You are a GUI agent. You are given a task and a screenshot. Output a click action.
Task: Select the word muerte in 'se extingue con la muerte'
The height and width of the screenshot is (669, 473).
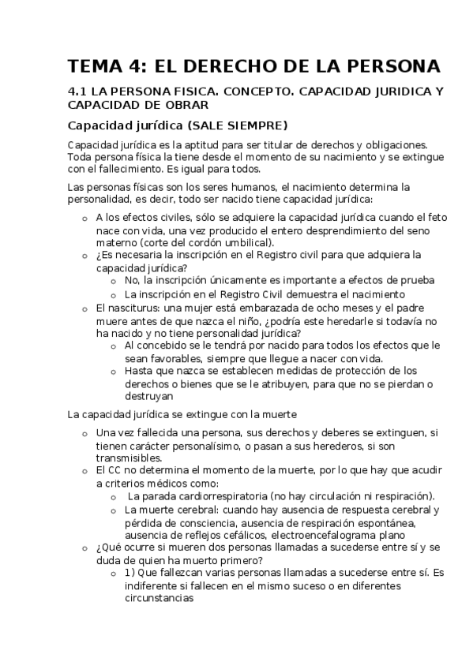pyautogui.click(x=278, y=413)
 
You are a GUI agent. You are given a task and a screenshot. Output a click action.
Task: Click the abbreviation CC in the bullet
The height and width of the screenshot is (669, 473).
pyautogui.click(x=112, y=470)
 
